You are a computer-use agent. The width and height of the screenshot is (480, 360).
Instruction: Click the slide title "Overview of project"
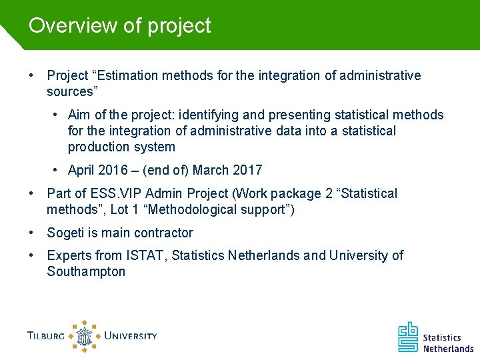[x=119, y=25]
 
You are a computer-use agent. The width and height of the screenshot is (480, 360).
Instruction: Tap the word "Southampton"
[x=86, y=271]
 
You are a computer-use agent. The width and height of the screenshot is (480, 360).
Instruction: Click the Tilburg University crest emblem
[x=84, y=336]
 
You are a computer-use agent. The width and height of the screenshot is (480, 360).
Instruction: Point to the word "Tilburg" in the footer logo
[x=46, y=336]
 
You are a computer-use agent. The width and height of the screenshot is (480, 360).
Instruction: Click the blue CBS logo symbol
[x=408, y=337]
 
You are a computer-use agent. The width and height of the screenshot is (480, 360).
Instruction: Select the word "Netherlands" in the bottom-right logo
[x=448, y=347]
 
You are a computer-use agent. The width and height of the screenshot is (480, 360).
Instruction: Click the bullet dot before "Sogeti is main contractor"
[x=32, y=233]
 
